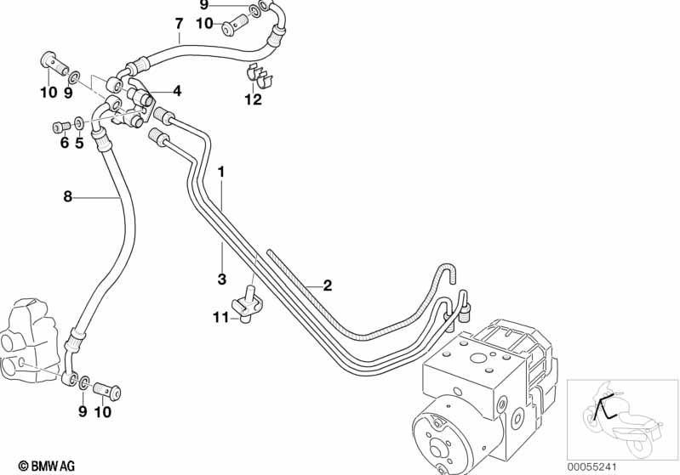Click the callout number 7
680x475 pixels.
[179, 24]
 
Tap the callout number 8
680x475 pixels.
[67, 196]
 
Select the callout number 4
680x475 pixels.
[176, 92]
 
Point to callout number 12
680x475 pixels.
[254, 99]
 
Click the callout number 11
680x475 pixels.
[220, 319]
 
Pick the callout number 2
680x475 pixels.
[328, 286]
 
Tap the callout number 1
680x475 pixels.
[221, 172]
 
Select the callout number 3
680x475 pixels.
[222, 279]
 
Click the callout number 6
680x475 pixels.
[65, 142]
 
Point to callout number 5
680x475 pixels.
[79, 142]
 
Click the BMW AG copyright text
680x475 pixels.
[47, 466]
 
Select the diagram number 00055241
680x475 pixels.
[592, 467]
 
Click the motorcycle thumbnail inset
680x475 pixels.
[622, 419]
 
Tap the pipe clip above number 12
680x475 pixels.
[259, 77]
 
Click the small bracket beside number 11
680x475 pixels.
[248, 302]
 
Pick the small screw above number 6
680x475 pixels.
[61, 127]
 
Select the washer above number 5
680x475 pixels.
[79, 122]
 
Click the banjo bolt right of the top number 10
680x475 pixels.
[236, 25]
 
